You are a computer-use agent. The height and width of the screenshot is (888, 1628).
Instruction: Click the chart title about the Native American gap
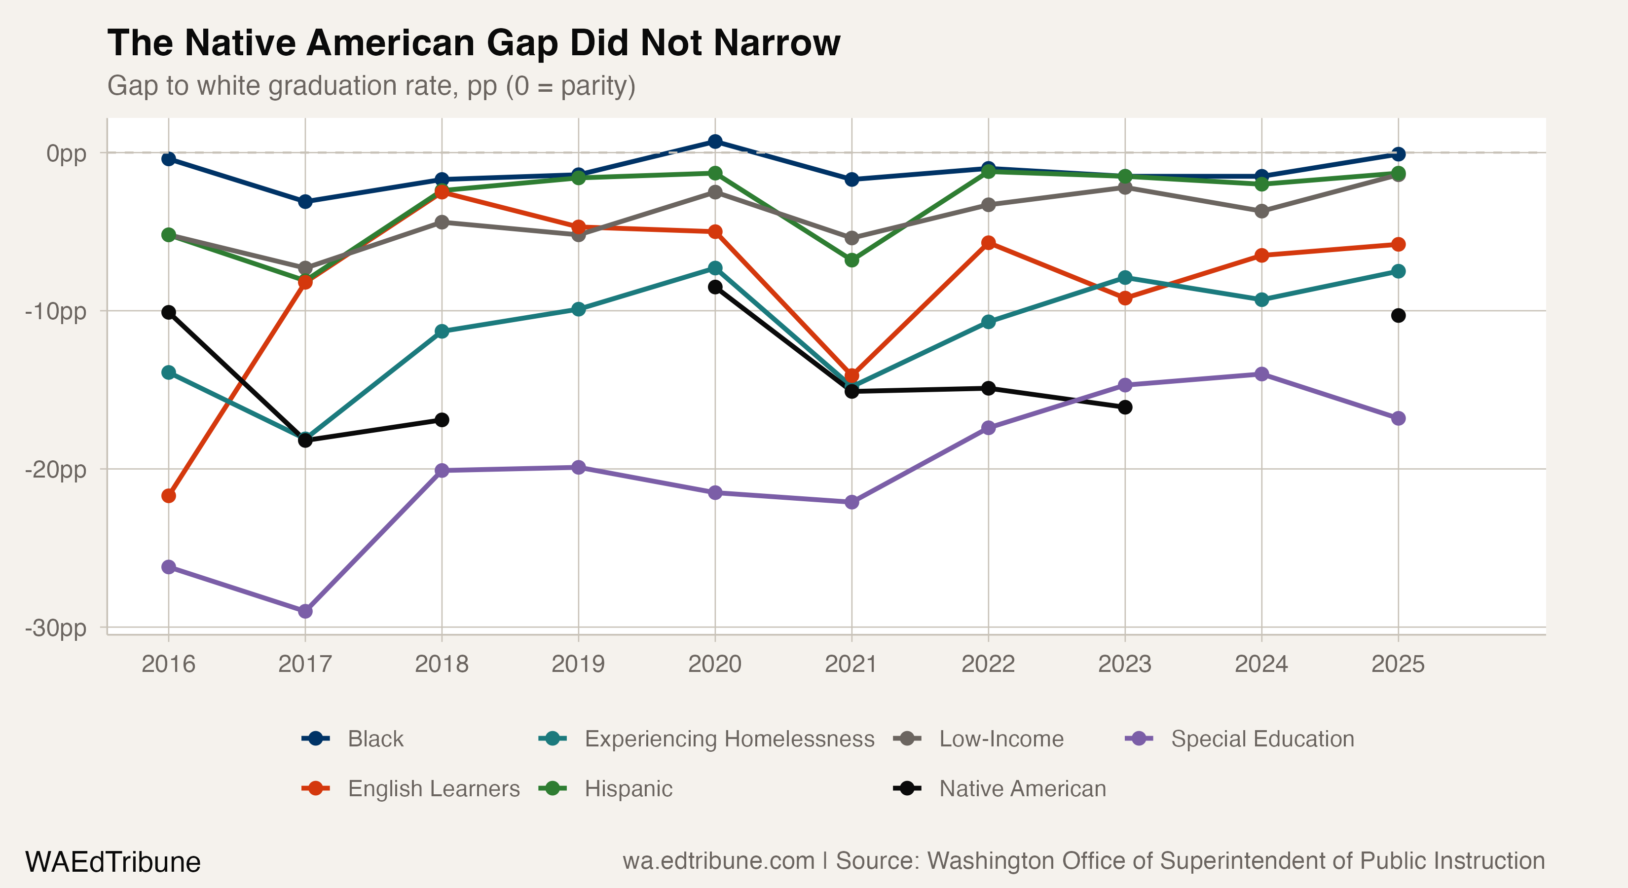coord(474,43)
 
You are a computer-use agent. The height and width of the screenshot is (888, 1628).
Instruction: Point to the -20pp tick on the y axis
coord(56,470)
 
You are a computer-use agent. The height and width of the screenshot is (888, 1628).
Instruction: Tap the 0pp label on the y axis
coord(67,153)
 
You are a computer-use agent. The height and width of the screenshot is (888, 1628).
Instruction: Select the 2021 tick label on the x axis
coord(851,664)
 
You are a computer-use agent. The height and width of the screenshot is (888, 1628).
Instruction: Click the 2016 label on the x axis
coord(168,664)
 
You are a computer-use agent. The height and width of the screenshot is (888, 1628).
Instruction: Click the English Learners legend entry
coord(411,788)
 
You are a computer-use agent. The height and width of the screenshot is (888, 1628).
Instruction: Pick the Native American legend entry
coord(1000,788)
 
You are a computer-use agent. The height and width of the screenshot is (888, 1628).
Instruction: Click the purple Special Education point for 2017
coord(305,611)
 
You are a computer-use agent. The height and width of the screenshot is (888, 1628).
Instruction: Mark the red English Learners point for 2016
coord(169,495)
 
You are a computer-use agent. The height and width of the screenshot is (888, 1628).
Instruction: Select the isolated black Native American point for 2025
coord(1399,315)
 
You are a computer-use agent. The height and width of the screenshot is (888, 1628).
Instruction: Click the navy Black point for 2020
coord(715,142)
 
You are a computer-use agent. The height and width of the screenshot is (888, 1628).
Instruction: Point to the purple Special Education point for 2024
coord(1261,374)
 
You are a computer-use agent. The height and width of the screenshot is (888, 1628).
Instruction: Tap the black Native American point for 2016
coord(169,312)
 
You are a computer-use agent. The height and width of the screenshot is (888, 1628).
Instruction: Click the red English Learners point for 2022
coord(989,243)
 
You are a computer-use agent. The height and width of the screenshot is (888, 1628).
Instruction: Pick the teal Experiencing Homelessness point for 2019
coord(578,309)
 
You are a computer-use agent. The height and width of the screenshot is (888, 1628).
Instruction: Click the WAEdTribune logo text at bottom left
coord(112,862)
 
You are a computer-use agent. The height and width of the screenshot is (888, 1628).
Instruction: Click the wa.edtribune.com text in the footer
coord(719,861)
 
